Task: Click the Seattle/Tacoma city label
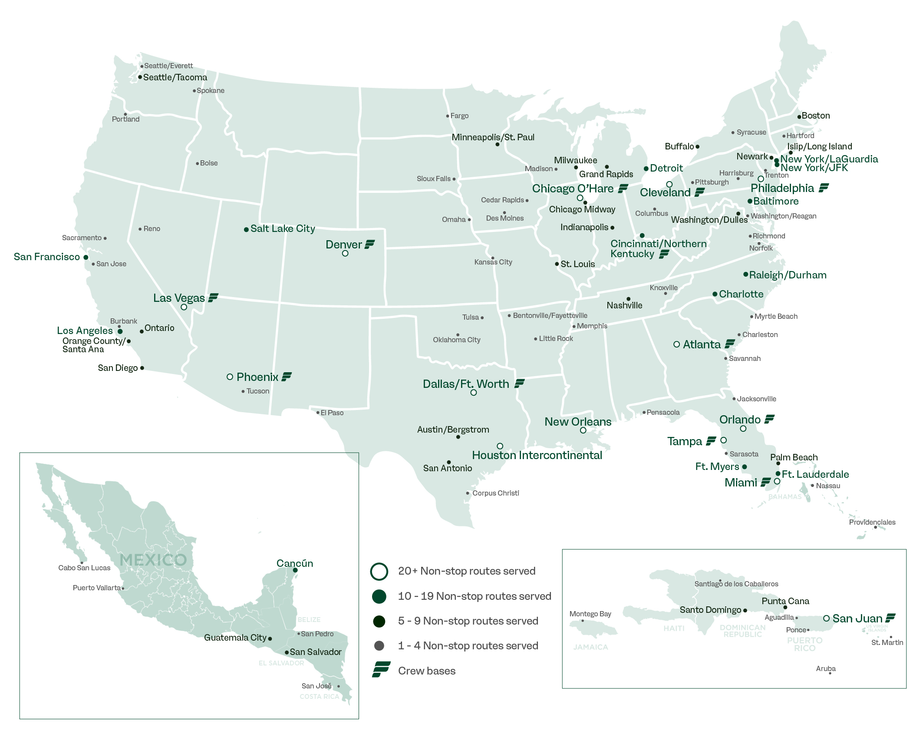click(175, 77)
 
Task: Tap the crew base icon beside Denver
click(370, 245)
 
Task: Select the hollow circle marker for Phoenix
click(230, 377)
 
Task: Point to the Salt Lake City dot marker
click(246, 229)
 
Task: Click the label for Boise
click(209, 163)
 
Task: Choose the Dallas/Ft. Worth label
click(466, 384)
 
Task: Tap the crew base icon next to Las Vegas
click(213, 298)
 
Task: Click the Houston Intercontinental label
click(537, 455)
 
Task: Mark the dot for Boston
click(799, 117)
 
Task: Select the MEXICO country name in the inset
click(153, 560)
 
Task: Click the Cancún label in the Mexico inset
click(295, 563)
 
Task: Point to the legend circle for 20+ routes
click(379, 571)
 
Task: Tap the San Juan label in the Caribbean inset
click(857, 618)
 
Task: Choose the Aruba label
click(826, 668)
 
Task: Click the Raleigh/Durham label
click(788, 275)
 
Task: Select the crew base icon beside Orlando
click(770, 419)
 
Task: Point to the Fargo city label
click(459, 116)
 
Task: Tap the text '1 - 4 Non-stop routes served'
click(468, 646)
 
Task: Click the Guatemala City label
click(235, 638)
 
